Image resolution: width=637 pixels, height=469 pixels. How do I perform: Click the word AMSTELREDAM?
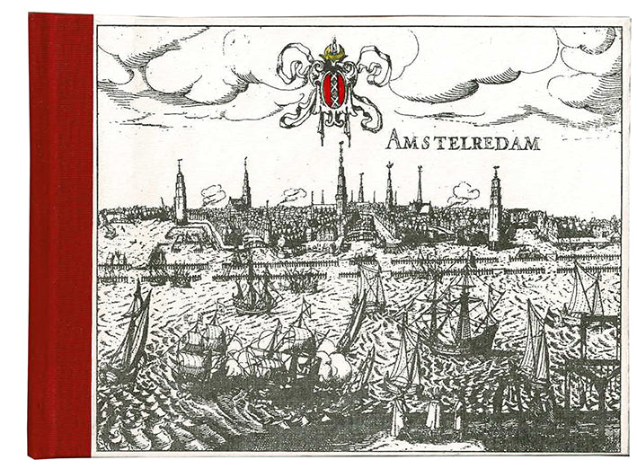pos(463,140)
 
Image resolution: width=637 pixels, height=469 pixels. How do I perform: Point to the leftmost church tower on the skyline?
pos(181,193)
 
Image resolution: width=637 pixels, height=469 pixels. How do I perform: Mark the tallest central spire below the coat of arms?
pos(341,184)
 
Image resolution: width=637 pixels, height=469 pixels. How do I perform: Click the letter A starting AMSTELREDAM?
pos(394,139)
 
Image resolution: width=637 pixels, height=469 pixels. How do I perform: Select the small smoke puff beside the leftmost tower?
pos(213,193)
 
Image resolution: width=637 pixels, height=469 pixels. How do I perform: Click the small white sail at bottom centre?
pos(396,419)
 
